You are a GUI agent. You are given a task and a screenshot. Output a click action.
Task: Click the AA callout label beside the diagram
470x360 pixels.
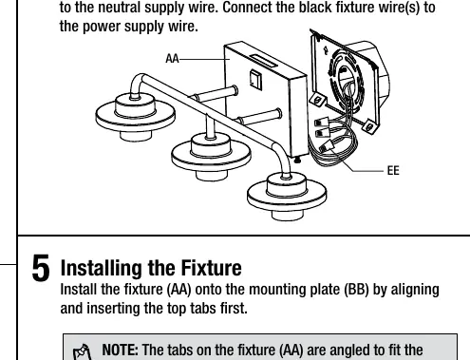click(172, 59)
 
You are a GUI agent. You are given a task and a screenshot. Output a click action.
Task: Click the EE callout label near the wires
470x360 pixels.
click(393, 171)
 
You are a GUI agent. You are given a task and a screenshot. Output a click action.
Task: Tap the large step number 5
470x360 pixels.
click(41, 268)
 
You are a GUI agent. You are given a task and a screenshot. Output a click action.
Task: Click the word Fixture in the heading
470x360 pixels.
click(211, 268)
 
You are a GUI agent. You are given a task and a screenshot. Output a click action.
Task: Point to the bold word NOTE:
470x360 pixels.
click(120, 350)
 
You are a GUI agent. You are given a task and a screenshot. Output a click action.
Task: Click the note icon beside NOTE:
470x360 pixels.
click(82, 352)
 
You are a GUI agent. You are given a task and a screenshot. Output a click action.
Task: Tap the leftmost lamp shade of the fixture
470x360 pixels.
click(135, 116)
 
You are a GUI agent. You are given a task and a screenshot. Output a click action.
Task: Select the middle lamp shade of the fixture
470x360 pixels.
click(211, 156)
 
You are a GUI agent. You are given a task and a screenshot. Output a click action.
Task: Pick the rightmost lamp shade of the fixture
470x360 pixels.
click(287, 196)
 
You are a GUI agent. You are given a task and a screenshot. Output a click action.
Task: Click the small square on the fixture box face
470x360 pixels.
click(255, 80)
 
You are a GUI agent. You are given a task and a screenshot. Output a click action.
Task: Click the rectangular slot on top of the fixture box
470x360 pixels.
click(263, 61)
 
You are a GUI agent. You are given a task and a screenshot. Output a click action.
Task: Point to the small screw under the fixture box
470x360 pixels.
click(297, 161)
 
